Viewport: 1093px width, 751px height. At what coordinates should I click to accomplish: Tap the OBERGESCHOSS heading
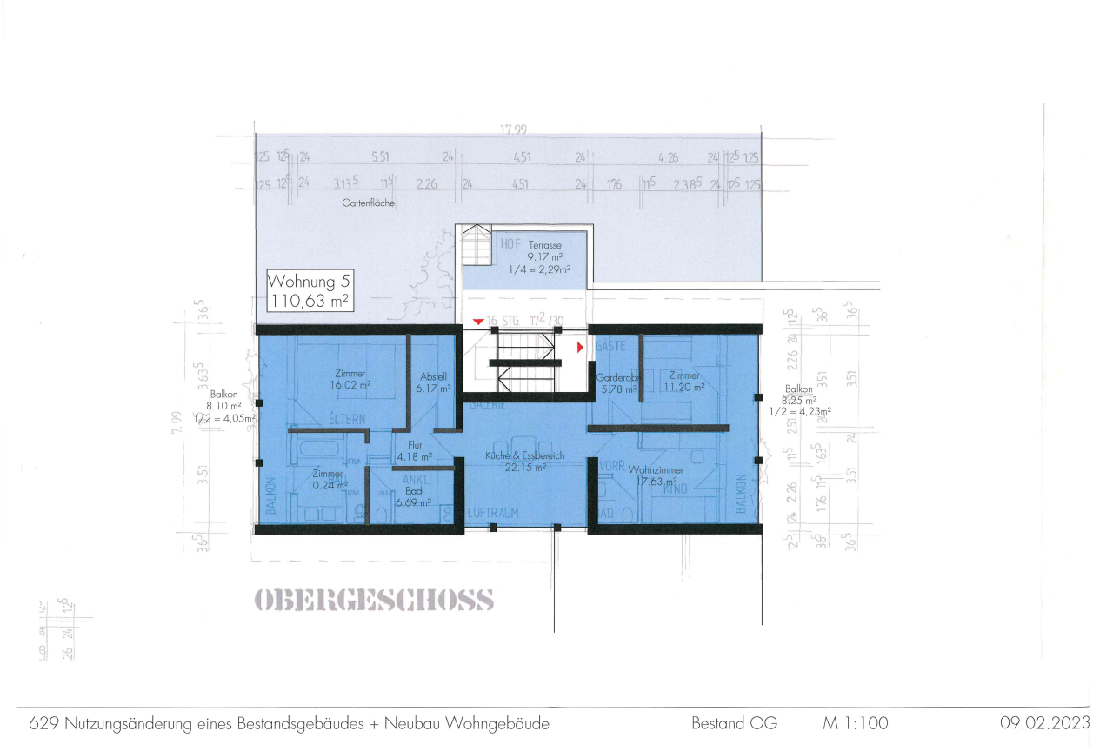375,600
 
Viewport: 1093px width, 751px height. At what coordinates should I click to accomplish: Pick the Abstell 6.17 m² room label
433,383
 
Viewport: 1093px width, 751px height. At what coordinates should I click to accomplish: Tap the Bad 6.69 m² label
413,496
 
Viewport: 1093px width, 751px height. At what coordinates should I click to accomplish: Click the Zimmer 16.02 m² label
350,378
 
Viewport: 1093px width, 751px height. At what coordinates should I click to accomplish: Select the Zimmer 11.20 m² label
683,382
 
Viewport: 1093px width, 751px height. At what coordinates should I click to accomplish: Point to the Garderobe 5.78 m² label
617,384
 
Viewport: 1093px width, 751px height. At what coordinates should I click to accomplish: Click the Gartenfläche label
369,203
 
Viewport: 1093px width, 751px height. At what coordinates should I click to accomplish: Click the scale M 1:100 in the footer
856,723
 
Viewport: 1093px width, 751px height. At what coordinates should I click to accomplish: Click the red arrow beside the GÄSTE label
580,348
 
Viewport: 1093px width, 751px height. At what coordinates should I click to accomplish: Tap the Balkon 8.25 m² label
800,401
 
